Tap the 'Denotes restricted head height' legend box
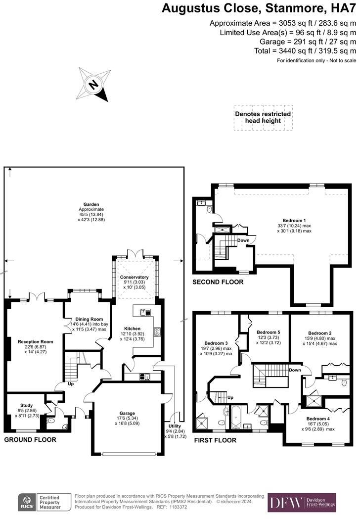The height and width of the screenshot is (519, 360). pos(263,118)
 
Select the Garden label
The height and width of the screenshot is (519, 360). pos(91,204)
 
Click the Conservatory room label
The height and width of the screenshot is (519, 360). pos(134,278)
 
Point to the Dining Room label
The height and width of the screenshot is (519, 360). pos(90,319)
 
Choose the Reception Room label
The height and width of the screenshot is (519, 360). pos(35,342)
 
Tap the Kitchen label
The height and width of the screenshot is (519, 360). pos(133,329)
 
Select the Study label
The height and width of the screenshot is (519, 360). pos(26,406)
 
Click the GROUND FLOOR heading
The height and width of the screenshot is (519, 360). pos(30,439)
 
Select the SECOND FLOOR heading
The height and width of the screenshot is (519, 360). pos(218,282)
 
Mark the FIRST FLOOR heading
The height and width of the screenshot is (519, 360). pos(215,440)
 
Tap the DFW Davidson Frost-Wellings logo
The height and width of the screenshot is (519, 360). pos(302,503)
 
